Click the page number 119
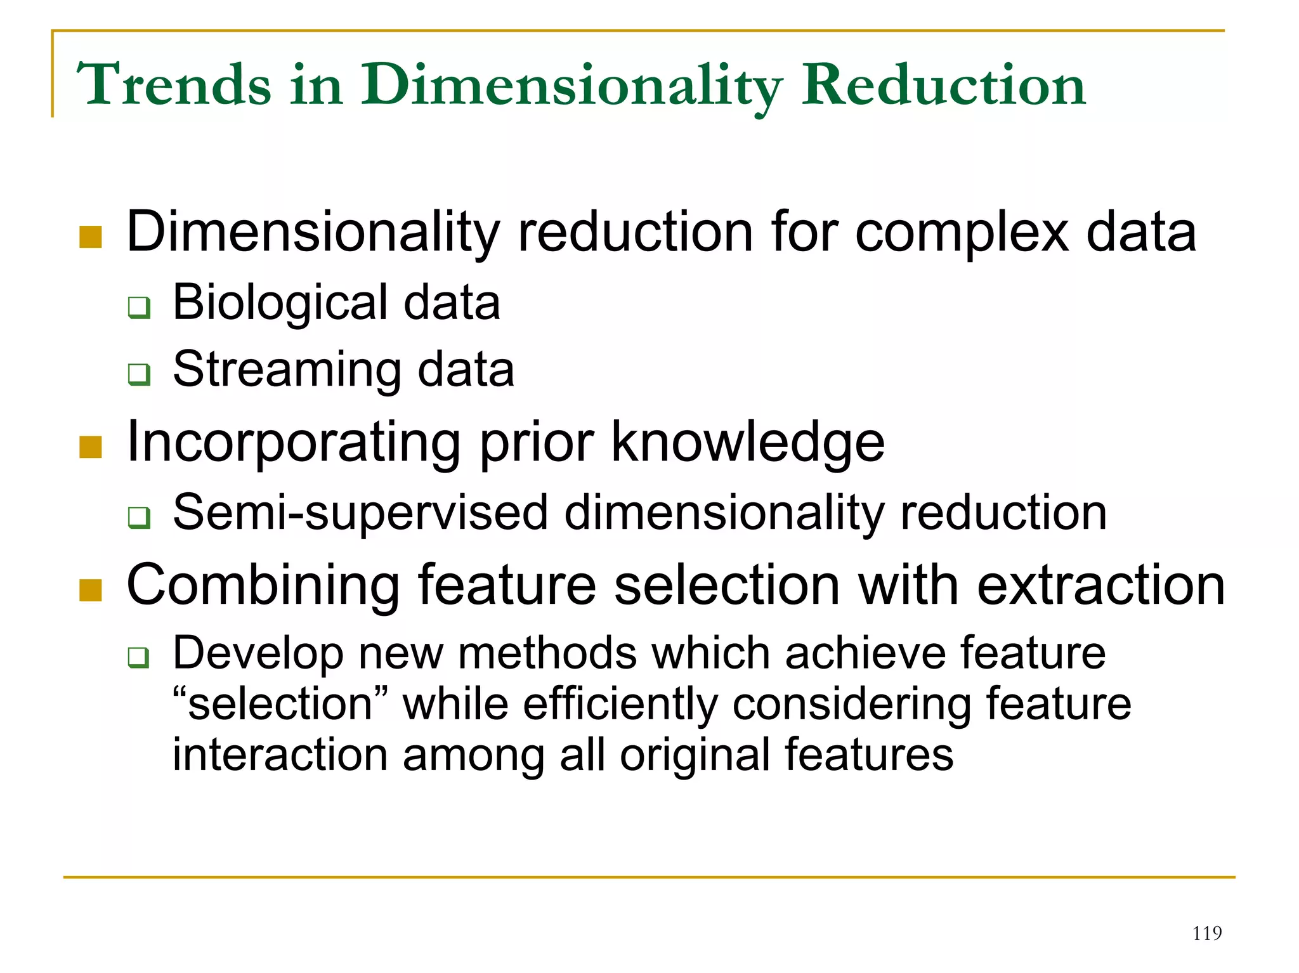[1206, 933]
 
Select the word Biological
[280, 303]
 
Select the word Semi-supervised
[360, 513]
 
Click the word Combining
[263, 585]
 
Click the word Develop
[258, 654]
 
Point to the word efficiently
[620, 704]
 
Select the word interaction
[280, 755]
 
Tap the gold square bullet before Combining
[91, 590]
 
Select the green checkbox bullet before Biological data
[139, 308]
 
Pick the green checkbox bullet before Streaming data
[139, 374]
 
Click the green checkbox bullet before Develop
[139, 658]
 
